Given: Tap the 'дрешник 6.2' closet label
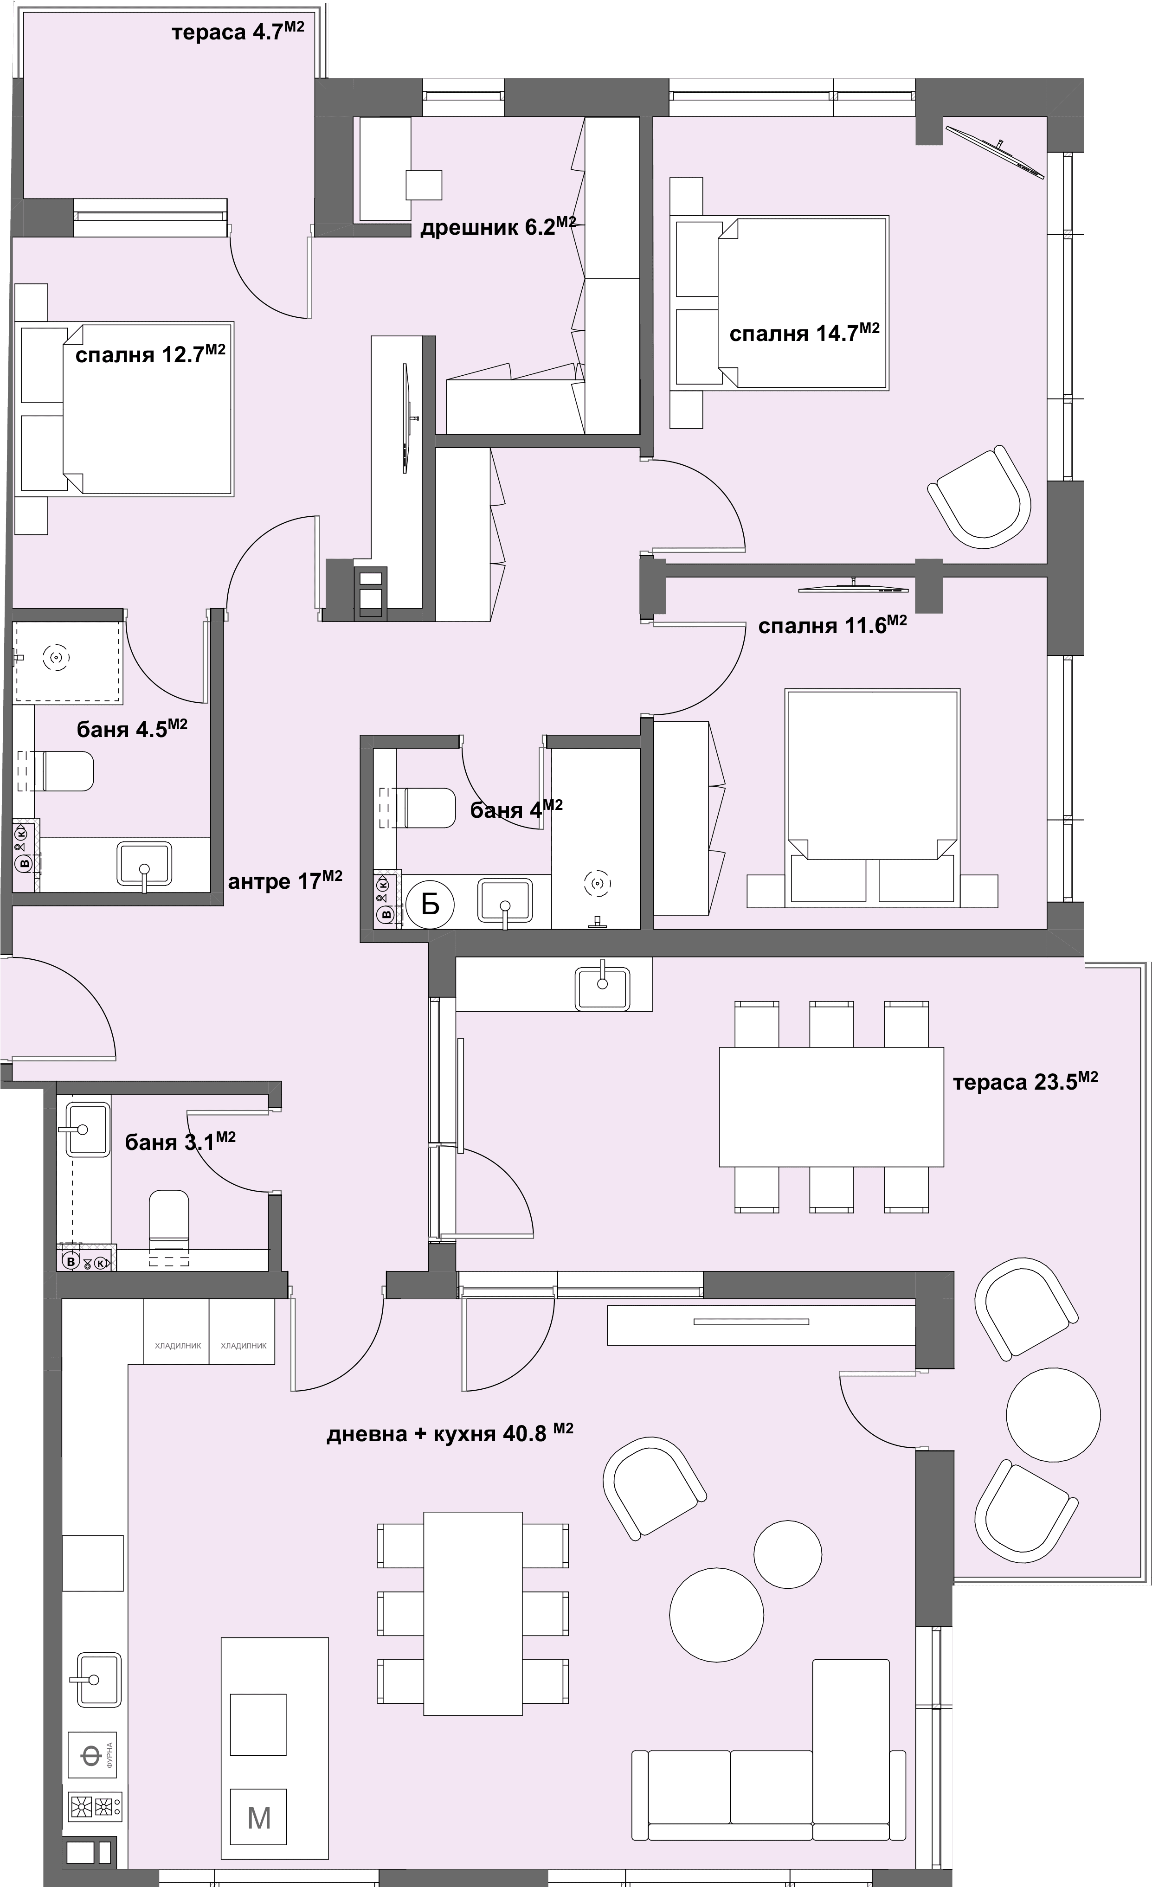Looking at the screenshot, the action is [x=498, y=227].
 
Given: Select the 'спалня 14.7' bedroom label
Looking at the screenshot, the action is [x=804, y=333].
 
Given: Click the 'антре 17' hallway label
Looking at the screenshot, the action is [x=285, y=881].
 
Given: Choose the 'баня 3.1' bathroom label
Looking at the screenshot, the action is [x=180, y=1142].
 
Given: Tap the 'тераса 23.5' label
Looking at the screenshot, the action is [x=1026, y=1082].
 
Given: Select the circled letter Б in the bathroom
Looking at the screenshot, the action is [x=431, y=905].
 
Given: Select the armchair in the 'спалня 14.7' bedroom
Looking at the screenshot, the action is [x=980, y=499].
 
